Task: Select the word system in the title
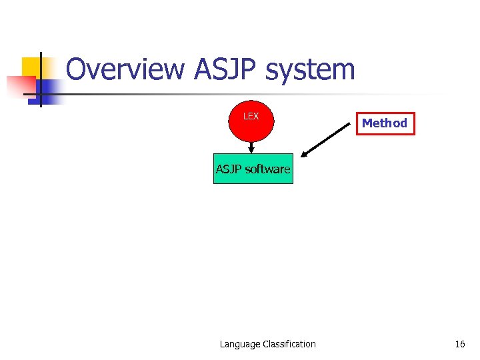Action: coord(316,70)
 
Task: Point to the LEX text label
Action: coord(251,117)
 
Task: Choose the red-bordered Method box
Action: coord(385,123)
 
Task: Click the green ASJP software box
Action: coord(253,169)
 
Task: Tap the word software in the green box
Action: coord(267,169)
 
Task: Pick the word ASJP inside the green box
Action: coord(229,169)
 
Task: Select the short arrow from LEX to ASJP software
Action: coord(252,147)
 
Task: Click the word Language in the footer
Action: coord(240,344)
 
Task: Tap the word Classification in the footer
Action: coord(289,344)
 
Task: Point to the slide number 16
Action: coord(459,344)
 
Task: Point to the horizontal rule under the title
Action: coord(253,94)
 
